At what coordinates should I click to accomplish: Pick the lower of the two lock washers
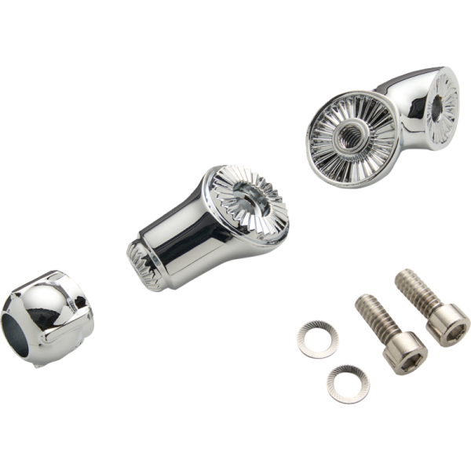pyautogui.click(x=348, y=384)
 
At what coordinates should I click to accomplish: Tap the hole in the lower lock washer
pyautogui.click(x=348, y=384)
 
